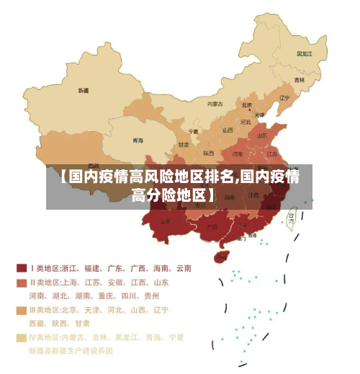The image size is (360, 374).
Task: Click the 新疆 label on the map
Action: pyautogui.click(x=84, y=91)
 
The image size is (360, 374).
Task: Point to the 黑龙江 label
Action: pyautogui.click(x=305, y=53)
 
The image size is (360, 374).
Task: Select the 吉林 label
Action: pyautogui.click(x=299, y=79)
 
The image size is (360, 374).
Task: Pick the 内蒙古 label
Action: pyautogui.click(x=215, y=104)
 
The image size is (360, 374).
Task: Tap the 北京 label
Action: pyautogui.click(x=247, y=104)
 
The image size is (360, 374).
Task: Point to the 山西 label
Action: pyautogui.click(x=228, y=130)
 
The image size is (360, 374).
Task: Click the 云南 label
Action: pyautogui.click(x=166, y=221)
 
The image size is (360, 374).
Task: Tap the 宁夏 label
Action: pyautogui.click(x=193, y=132)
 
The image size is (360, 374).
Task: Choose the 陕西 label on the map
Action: pyautogui.click(x=209, y=153)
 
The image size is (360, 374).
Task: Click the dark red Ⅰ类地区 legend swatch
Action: pyautogui.click(x=21, y=269)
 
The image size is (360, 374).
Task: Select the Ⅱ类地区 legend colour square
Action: pyautogui.click(x=21, y=282)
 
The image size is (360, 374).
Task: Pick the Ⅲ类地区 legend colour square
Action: pyautogui.click(x=21, y=310)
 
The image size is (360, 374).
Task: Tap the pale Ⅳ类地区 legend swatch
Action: pyautogui.click(x=21, y=337)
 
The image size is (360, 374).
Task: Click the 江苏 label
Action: pyautogui.click(x=272, y=153)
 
